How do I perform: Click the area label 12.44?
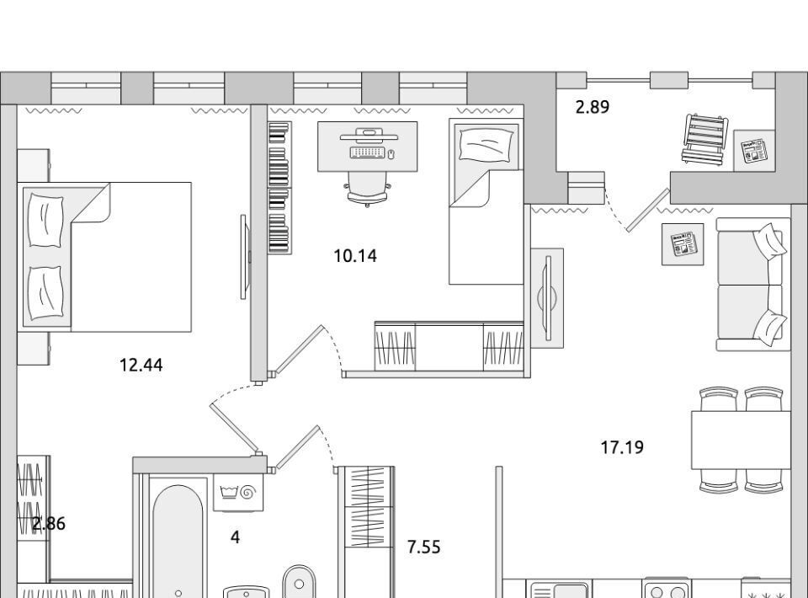[x=141, y=365]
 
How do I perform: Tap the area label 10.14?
[x=355, y=255]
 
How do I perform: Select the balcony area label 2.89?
[x=592, y=107]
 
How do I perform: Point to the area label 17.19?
[x=622, y=447]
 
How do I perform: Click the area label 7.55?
[x=423, y=547]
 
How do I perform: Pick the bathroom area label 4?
[x=235, y=537]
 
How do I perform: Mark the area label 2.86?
[x=49, y=524]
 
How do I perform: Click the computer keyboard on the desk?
[x=368, y=152]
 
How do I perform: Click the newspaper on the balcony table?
[x=754, y=151]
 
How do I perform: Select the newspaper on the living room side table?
[x=683, y=244]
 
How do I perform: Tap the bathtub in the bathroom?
[x=178, y=542]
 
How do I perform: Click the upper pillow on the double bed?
[x=45, y=220]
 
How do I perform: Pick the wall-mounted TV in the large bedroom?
[x=245, y=257]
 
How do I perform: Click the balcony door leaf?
[x=648, y=211]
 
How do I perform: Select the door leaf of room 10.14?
[x=298, y=349]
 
